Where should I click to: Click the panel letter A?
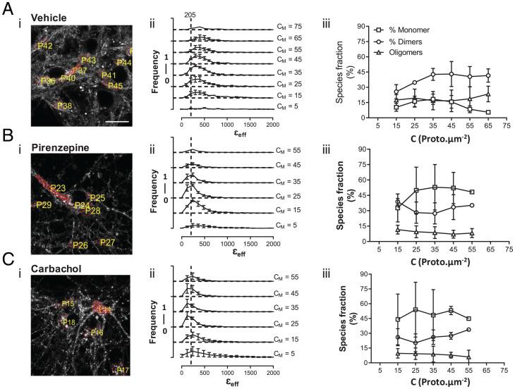(x=8, y=8)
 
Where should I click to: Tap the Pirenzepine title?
(x=57, y=142)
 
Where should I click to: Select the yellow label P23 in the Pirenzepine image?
(x=59, y=187)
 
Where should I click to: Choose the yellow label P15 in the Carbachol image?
(x=68, y=304)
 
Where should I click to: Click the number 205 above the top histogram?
(x=191, y=14)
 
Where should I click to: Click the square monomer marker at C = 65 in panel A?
(x=487, y=112)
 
